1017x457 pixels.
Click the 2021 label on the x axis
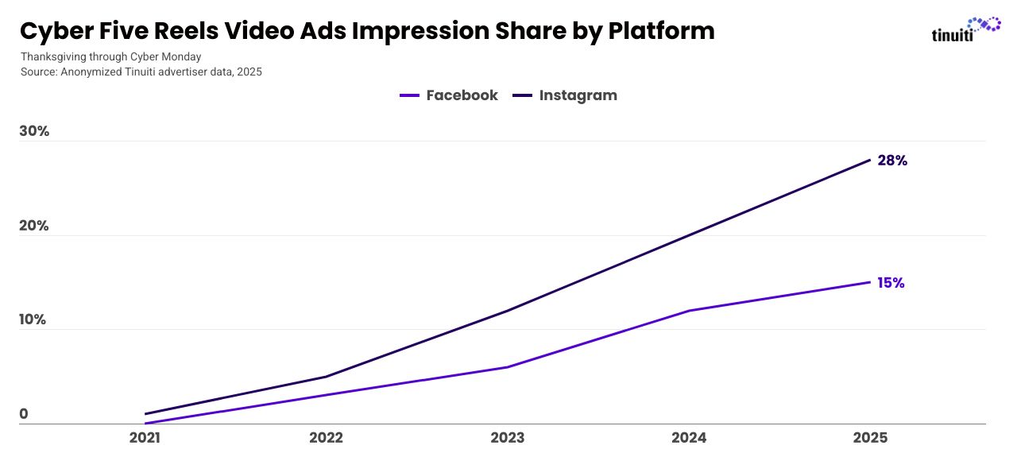(x=145, y=438)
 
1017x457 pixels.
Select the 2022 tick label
(x=326, y=438)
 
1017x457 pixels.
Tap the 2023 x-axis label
(x=507, y=438)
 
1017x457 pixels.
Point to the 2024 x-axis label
(x=688, y=438)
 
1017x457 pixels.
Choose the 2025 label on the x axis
(x=869, y=438)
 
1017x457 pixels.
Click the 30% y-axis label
(x=34, y=131)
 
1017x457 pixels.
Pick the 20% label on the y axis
(x=34, y=226)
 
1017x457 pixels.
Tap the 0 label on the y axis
(x=24, y=414)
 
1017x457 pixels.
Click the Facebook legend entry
(x=449, y=95)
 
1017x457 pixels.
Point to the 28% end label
(x=892, y=161)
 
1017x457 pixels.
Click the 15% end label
(x=891, y=283)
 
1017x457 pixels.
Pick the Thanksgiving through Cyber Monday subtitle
(x=110, y=56)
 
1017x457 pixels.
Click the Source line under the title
(x=141, y=72)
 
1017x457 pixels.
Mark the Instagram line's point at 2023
(x=507, y=310)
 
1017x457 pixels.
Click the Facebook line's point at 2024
(x=688, y=310)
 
